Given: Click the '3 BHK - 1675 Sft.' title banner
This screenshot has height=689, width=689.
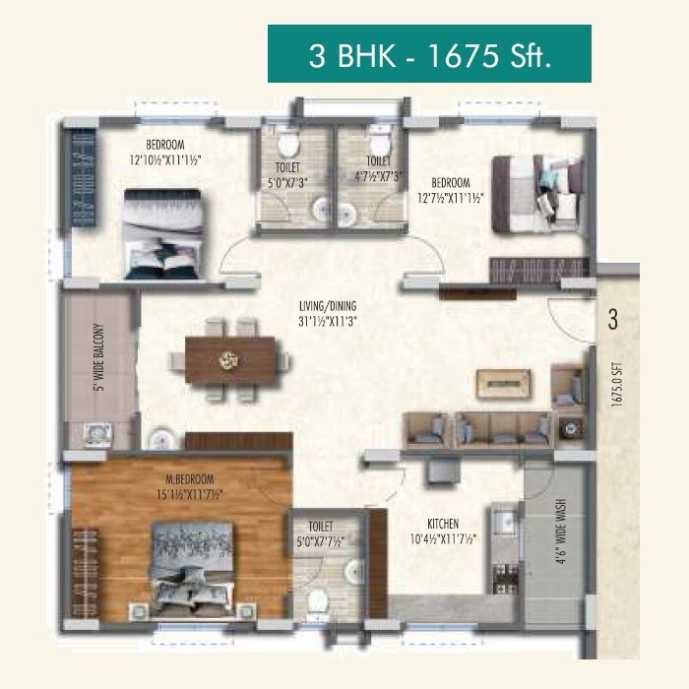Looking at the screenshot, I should pos(429,54).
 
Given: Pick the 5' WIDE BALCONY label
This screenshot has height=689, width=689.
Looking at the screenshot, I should pos(97,358).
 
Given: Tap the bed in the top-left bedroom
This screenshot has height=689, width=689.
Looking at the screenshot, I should pos(164,234).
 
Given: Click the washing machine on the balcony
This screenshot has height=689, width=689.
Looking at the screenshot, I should pos(97,433).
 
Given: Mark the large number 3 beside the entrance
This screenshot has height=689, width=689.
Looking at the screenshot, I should pos(611,319).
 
